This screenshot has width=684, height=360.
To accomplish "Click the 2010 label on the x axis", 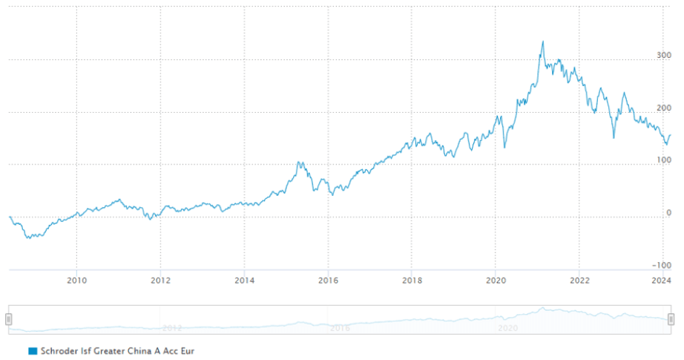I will pyautogui.click(x=77, y=280).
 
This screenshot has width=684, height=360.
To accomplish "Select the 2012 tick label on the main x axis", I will pyautogui.click(x=161, y=280).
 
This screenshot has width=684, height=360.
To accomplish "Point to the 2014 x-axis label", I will pyautogui.click(x=245, y=280).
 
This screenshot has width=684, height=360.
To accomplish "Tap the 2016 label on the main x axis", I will pyautogui.click(x=329, y=280).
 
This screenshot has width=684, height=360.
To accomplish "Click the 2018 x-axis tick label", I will pyautogui.click(x=412, y=280).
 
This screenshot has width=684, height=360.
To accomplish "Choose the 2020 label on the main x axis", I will pyautogui.click(x=496, y=280).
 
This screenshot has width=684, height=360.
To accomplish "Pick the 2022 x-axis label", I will pyautogui.click(x=579, y=280).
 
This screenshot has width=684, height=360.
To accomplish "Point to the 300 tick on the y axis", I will pyautogui.click(x=663, y=55).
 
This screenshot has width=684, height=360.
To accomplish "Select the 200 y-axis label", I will pyautogui.click(x=663, y=108).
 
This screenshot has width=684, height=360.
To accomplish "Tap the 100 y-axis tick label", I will pyautogui.click(x=663, y=160).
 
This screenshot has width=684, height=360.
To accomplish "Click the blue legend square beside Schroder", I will pyautogui.click(x=32, y=350).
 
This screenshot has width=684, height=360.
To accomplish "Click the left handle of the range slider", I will pyautogui.click(x=9, y=319).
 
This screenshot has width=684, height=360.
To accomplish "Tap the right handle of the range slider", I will pyautogui.click(x=671, y=319).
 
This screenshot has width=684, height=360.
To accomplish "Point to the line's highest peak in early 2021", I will pyautogui.click(x=543, y=42).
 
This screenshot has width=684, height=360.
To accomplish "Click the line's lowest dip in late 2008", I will pyautogui.click(x=28, y=238).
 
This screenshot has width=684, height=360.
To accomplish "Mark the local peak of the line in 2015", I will pyautogui.click(x=299, y=162).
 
